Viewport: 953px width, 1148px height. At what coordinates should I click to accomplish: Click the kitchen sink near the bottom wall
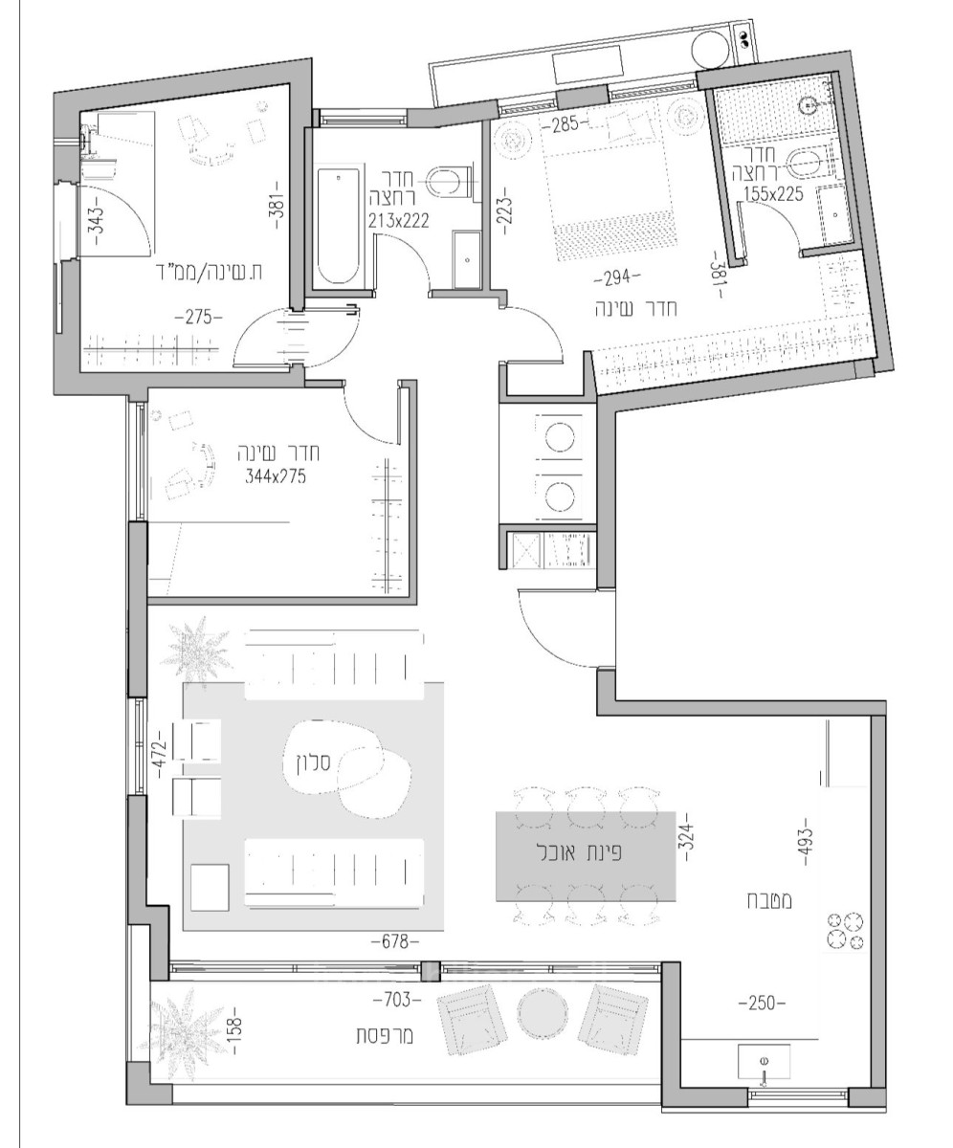click(765, 1062)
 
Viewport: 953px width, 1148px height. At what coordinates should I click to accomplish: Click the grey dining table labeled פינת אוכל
click(583, 855)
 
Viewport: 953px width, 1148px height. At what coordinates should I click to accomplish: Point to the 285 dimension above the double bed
click(563, 124)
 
